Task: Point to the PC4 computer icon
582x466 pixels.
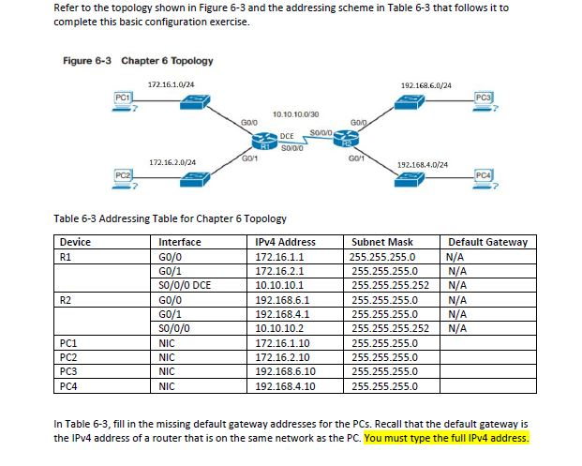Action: click(484, 177)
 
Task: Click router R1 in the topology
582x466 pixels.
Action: click(265, 141)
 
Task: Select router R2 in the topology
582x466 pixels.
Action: click(349, 141)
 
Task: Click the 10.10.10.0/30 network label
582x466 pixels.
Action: click(295, 113)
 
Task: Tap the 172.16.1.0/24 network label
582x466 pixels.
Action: click(172, 85)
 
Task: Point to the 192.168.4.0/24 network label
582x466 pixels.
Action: click(423, 164)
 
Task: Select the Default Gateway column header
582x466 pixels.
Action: click(487, 242)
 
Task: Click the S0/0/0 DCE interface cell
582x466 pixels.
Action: click(185, 285)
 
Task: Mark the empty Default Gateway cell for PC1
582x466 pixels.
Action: click(488, 343)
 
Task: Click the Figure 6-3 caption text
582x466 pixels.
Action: click(138, 61)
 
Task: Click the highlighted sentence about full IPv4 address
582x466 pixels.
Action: click(447, 437)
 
